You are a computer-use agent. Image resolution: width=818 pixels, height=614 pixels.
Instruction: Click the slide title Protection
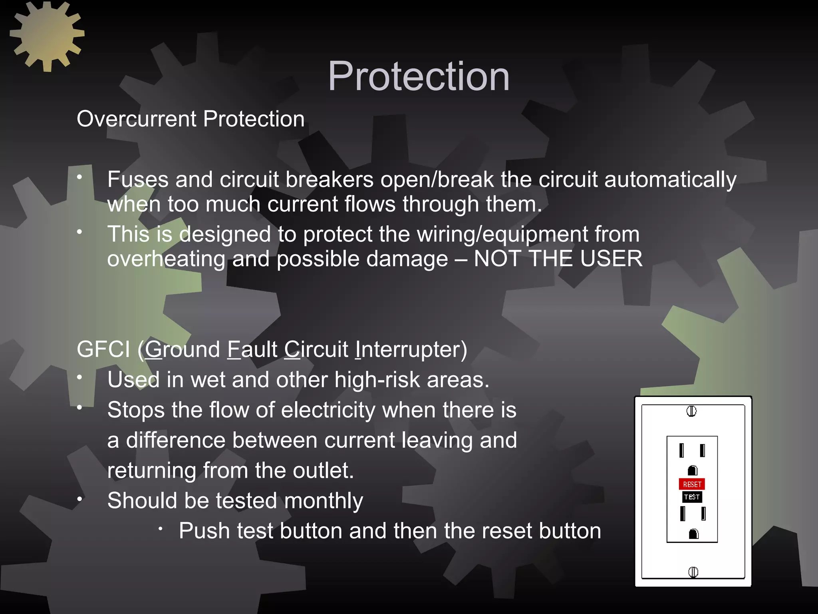[x=419, y=76]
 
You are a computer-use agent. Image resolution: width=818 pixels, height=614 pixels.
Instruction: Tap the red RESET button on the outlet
[x=692, y=484]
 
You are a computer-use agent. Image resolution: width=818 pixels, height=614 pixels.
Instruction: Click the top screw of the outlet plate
[x=691, y=411]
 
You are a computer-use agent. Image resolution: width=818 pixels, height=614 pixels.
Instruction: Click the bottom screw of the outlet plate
[x=693, y=572]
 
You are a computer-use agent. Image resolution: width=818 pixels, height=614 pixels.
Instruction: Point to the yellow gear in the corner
[x=47, y=36]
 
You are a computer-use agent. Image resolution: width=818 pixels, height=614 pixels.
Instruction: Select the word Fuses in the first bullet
[x=138, y=179]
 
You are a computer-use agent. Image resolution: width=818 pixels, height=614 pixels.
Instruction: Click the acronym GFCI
[x=103, y=349]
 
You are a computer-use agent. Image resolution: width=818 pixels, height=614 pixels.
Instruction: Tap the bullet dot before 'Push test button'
[x=160, y=529]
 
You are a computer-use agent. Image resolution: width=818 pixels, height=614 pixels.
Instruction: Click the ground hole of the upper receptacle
[x=693, y=470]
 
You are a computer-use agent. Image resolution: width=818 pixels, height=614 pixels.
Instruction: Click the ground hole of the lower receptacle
[x=693, y=534]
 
